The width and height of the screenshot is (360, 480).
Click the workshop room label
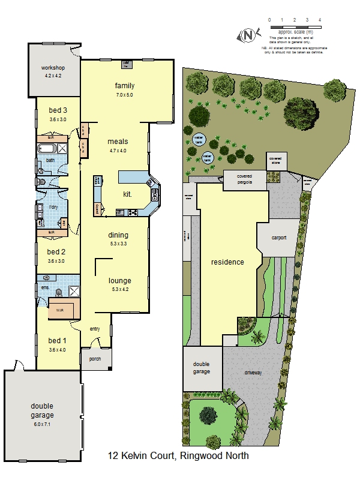tap(53, 68)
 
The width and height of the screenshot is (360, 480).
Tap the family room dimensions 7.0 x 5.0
tap(125, 95)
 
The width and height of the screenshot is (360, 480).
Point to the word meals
tap(118, 142)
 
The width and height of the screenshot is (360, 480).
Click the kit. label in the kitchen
tap(127, 194)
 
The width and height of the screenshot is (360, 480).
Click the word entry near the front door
tap(95, 329)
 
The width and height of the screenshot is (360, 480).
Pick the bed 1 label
tap(57, 340)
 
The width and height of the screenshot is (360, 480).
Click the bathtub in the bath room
tap(47, 147)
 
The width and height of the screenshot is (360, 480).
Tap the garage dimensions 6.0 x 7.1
tap(43, 424)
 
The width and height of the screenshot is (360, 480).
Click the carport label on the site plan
tap(279, 238)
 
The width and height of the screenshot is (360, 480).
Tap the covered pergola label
tap(245, 179)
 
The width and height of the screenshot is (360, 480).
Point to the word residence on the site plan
tap(227, 262)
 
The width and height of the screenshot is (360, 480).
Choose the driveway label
tap(254, 373)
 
